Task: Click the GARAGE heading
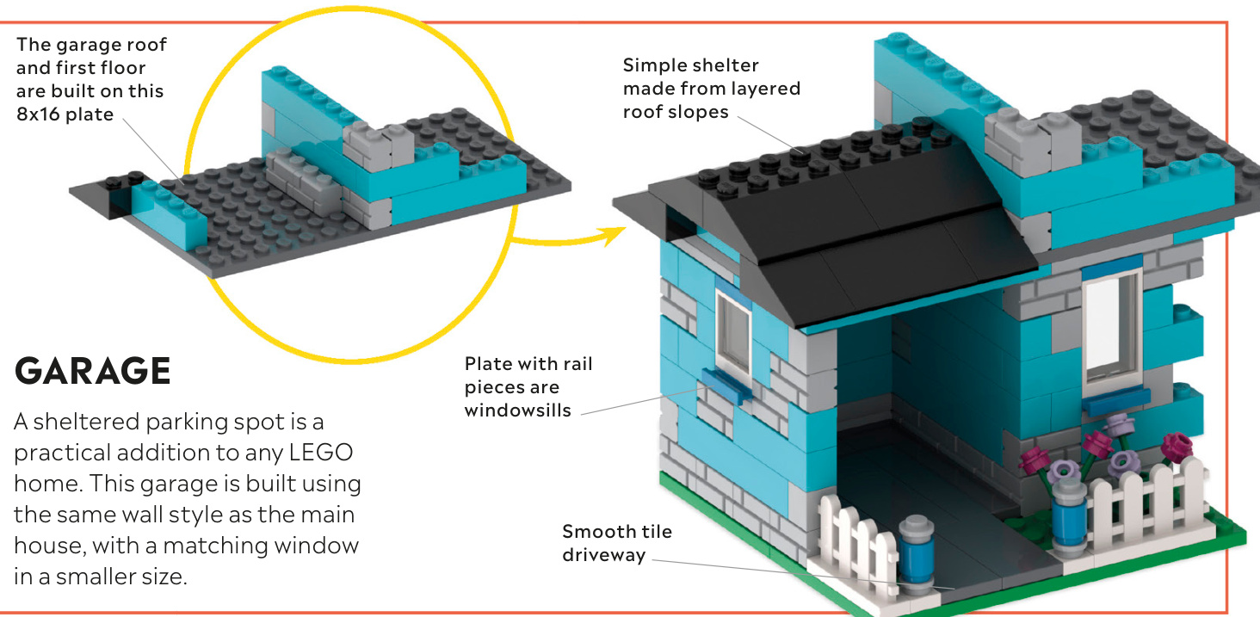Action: click(x=93, y=371)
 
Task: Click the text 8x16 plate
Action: click(x=65, y=113)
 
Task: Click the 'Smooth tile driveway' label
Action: click(x=617, y=542)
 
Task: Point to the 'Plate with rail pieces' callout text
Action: click(x=528, y=375)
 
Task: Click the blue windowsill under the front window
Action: click(x=1115, y=400)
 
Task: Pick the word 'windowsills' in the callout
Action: click(x=517, y=410)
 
